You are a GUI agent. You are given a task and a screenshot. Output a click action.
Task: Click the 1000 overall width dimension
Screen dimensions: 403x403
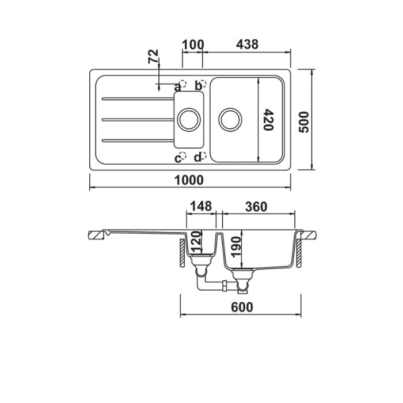point(189,180)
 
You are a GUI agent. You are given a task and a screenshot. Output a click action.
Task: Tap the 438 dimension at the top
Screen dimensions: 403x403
point(246,44)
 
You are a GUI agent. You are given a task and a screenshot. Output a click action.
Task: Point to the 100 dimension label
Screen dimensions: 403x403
point(193,44)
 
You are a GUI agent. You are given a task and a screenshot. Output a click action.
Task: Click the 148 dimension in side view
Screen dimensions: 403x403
point(201,206)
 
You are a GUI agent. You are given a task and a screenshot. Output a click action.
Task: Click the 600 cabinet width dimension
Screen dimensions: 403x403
point(242,307)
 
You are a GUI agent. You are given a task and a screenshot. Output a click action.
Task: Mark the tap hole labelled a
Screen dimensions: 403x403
point(183,83)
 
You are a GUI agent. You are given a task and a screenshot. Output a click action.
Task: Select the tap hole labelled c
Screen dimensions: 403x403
point(183,156)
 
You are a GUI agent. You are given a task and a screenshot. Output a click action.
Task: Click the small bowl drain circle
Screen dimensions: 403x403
point(188,119)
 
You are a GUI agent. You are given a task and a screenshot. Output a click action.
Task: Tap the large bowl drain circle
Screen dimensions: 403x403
point(229,119)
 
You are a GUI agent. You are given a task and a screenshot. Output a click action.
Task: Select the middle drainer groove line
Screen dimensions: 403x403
point(137,119)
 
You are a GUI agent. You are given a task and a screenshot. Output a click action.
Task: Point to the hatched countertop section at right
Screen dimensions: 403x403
point(309,235)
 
